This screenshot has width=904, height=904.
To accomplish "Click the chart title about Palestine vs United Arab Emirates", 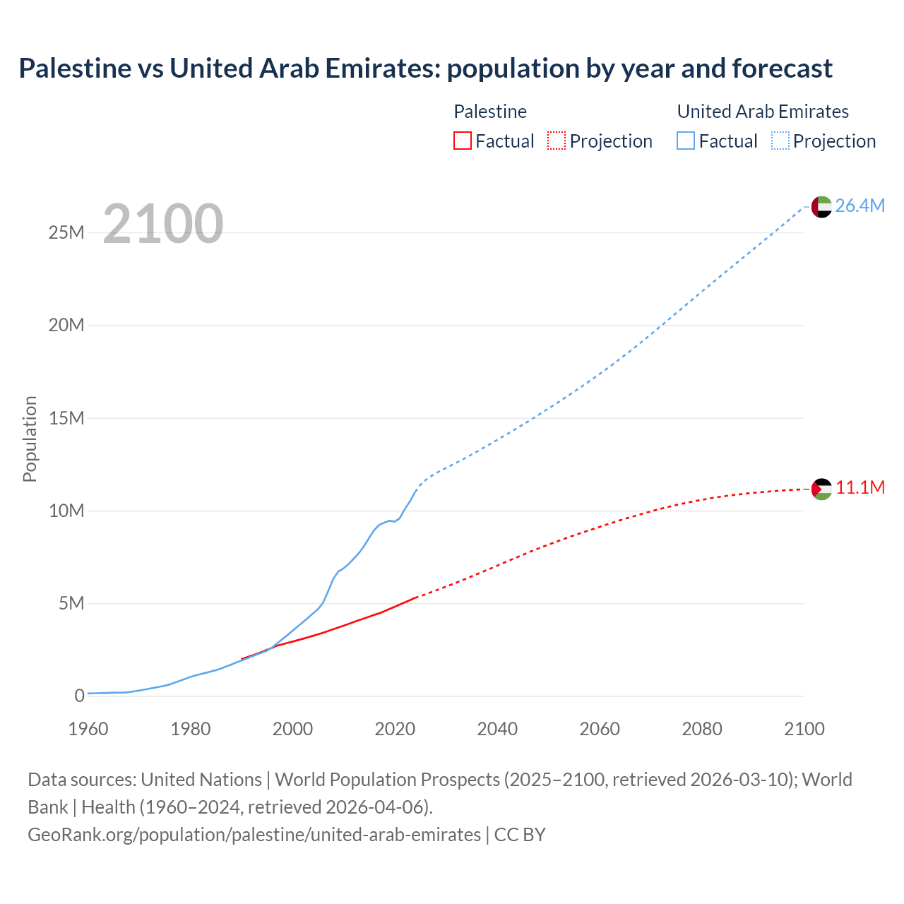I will (x=425, y=69).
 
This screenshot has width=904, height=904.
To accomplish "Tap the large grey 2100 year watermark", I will (x=163, y=224).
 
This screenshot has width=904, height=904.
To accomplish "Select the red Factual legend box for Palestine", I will (x=462, y=141).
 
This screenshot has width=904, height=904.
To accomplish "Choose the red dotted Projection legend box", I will (x=557, y=141).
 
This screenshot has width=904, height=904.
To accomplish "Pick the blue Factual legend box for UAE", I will (x=685, y=141).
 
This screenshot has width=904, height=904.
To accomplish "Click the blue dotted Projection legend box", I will (x=780, y=141).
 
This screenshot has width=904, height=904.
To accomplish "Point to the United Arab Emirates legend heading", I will (x=763, y=112).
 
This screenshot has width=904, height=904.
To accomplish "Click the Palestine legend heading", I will (x=490, y=112).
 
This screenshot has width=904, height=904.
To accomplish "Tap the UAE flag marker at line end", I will (x=821, y=206).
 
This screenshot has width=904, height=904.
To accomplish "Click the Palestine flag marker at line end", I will (x=821, y=489).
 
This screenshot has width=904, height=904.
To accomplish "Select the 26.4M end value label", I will (x=860, y=206).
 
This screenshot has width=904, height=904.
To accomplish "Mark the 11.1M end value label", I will (x=860, y=488).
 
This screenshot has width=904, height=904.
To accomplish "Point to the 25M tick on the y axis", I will (x=66, y=232).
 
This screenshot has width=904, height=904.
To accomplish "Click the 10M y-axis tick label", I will (x=66, y=511).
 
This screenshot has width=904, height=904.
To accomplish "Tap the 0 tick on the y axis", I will (x=79, y=696).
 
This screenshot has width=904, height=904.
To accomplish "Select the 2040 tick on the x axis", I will (x=497, y=729).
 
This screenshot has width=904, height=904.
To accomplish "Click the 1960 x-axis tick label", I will (x=88, y=729).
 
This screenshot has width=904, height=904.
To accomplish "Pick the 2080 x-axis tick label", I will (x=702, y=729).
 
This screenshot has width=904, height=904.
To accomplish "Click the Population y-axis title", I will (x=30, y=439).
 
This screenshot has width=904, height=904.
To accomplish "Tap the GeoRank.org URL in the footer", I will (x=254, y=835).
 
